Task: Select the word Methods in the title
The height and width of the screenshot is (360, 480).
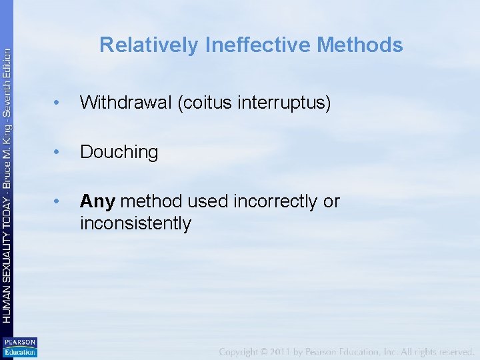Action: [360, 45]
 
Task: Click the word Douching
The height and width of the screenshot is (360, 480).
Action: [119, 152]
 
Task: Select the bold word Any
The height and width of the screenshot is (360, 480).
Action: [97, 201]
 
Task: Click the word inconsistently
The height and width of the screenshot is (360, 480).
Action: [135, 223]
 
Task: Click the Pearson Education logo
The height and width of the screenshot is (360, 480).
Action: [19, 347]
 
